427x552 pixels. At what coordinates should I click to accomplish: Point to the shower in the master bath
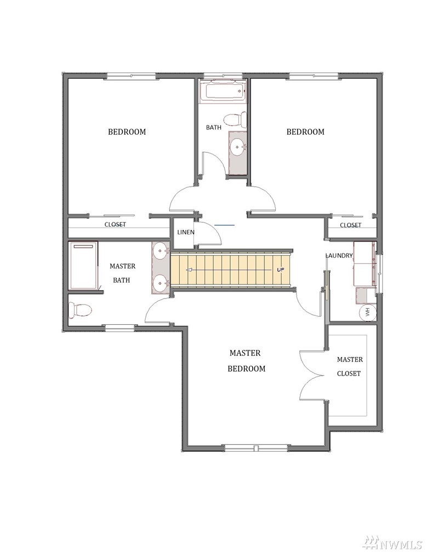click(x=83, y=265)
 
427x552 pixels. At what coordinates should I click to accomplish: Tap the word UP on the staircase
click(x=281, y=269)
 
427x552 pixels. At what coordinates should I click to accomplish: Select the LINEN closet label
click(x=186, y=232)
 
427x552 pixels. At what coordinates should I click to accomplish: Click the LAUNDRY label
click(x=339, y=256)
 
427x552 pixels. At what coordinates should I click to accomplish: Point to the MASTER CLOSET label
click(x=350, y=366)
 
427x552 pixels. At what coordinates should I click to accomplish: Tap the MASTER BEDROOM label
click(x=246, y=360)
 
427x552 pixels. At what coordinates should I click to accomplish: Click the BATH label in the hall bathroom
click(x=214, y=128)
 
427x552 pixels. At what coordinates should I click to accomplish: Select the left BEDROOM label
click(x=127, y=132)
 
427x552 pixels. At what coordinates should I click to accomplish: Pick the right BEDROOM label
click(x=305, y=132)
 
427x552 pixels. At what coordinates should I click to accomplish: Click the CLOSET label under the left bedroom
click(x=115, y=225)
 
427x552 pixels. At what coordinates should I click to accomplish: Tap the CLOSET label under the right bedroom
click(x=351, y=225)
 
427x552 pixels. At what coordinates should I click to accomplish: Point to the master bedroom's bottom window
click(x=257, y=448)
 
